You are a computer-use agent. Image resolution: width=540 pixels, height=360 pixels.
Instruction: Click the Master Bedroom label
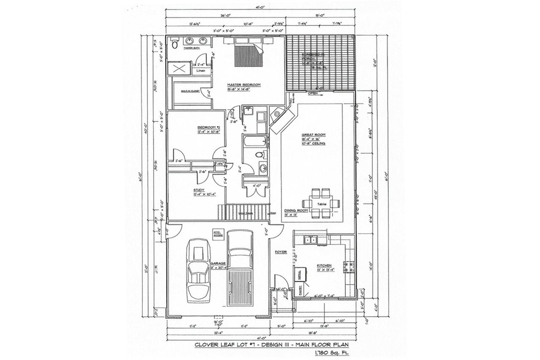[x=243, y=85]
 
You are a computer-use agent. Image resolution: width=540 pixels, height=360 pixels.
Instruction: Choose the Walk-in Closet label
[x=188, y=92]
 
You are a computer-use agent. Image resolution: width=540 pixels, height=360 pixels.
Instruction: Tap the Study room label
[x=198, y=190]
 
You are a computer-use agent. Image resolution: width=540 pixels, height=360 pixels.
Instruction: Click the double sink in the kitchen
[x=311, y=239]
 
